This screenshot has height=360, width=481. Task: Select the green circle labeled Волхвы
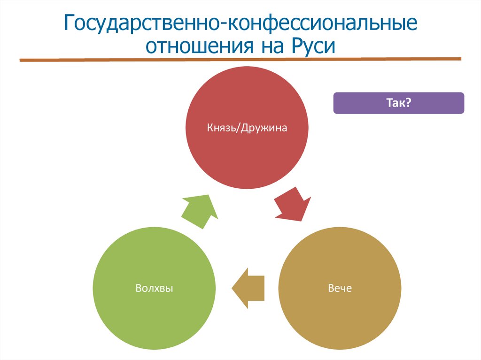tap(154, 300)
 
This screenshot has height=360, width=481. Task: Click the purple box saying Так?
tap(398, 103)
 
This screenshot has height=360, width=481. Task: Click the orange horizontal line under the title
tap(240, 60)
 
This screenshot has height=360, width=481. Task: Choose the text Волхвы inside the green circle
tap(154, 288)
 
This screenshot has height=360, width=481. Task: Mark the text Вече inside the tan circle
tap(340, 288)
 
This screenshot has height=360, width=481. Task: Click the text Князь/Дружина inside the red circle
tap(247, 128)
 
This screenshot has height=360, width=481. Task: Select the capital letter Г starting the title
tap(69, 24)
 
